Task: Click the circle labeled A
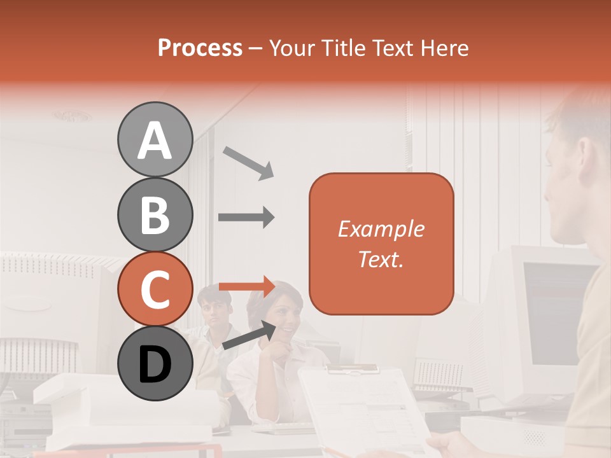coord(155,140)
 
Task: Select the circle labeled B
coord(155,214)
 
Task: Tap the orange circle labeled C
coord(155,289)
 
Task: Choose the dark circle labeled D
coord(155,364)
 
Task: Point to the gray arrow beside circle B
coord(246,218)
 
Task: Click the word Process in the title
coord(200,48)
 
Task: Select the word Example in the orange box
coord(381,229)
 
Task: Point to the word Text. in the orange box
coord(381,259)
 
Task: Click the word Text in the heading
coord(393,48)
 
